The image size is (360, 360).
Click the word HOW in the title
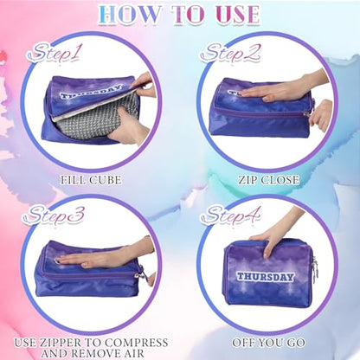tap(130, 15)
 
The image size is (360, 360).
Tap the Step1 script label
tap(55, 53)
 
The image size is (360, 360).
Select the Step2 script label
tap(230, 53)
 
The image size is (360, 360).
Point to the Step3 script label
tap(54, 215)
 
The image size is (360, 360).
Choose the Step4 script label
tap(230, 215)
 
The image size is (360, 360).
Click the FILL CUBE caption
tap(91, 180)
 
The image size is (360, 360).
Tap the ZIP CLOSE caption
tap(269, 180)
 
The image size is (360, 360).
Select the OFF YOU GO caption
tap(269, 343)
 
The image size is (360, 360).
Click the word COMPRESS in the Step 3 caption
tap(136, 343)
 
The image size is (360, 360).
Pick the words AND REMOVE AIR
tap(93, 353)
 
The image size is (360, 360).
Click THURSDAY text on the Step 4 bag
tap(266, 277)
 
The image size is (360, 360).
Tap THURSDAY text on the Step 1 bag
tap(90, 92)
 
